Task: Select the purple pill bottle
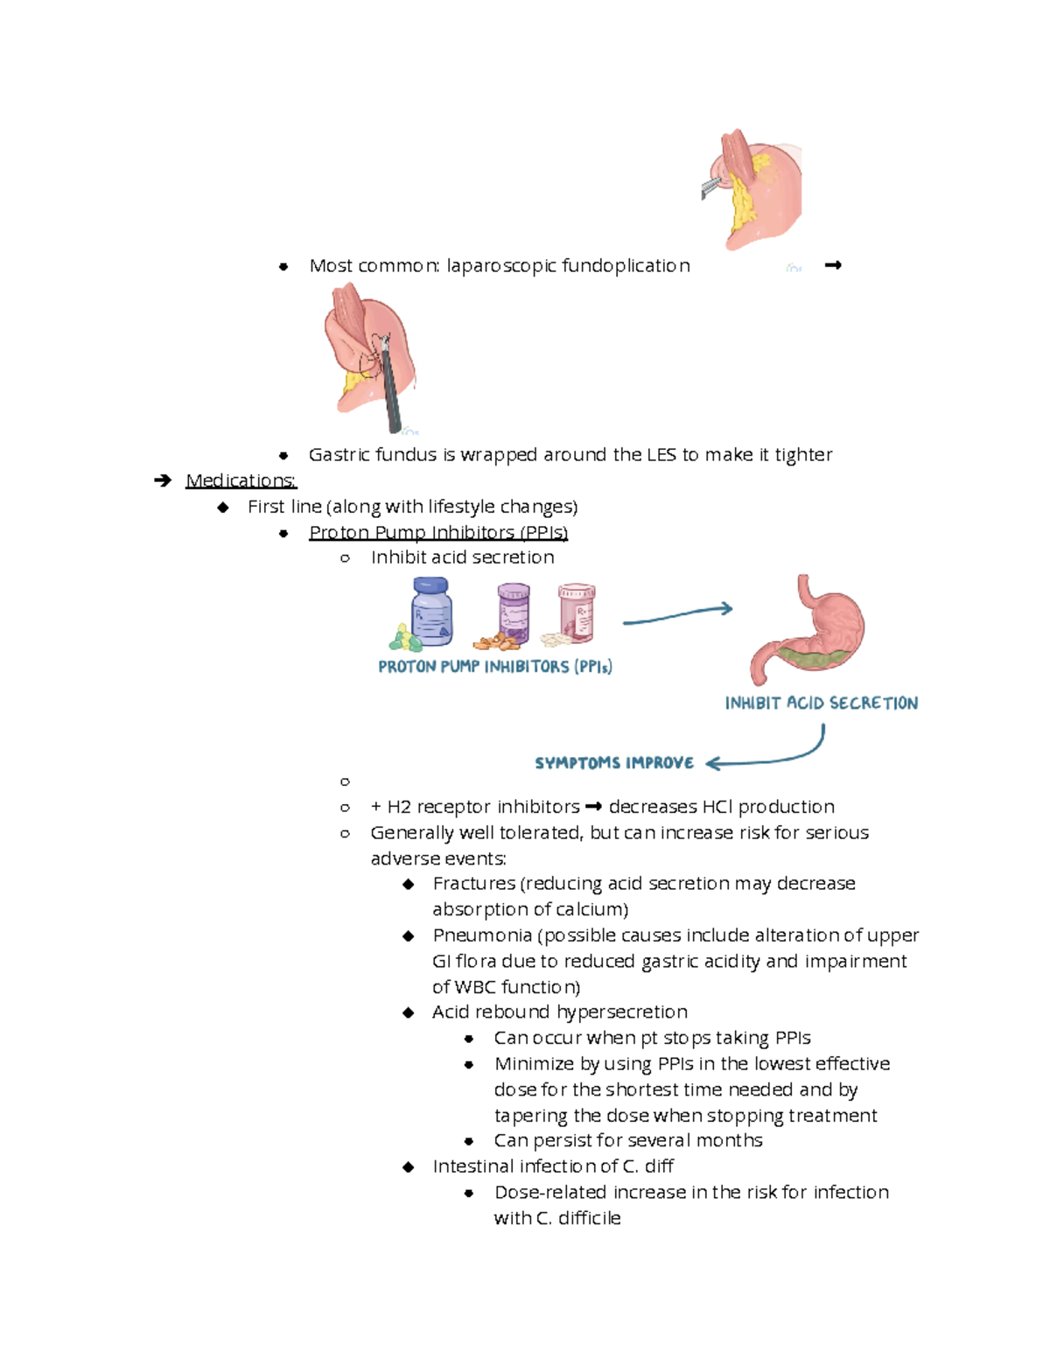(514, 613)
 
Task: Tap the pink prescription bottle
(577, 612)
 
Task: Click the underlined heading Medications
(241, 480)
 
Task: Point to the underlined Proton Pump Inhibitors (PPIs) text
(438, 532)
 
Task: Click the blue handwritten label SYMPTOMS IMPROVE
(613, 763)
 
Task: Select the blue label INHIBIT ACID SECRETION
(821, 703)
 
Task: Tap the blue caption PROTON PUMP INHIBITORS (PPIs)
(494, 667)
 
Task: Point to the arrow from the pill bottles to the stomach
(677, 615)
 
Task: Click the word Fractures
(473, 884)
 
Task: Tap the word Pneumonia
(482, 935)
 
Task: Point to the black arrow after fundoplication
(832, 265)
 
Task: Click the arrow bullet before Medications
(163, 480)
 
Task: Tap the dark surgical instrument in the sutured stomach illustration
(391, 385)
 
